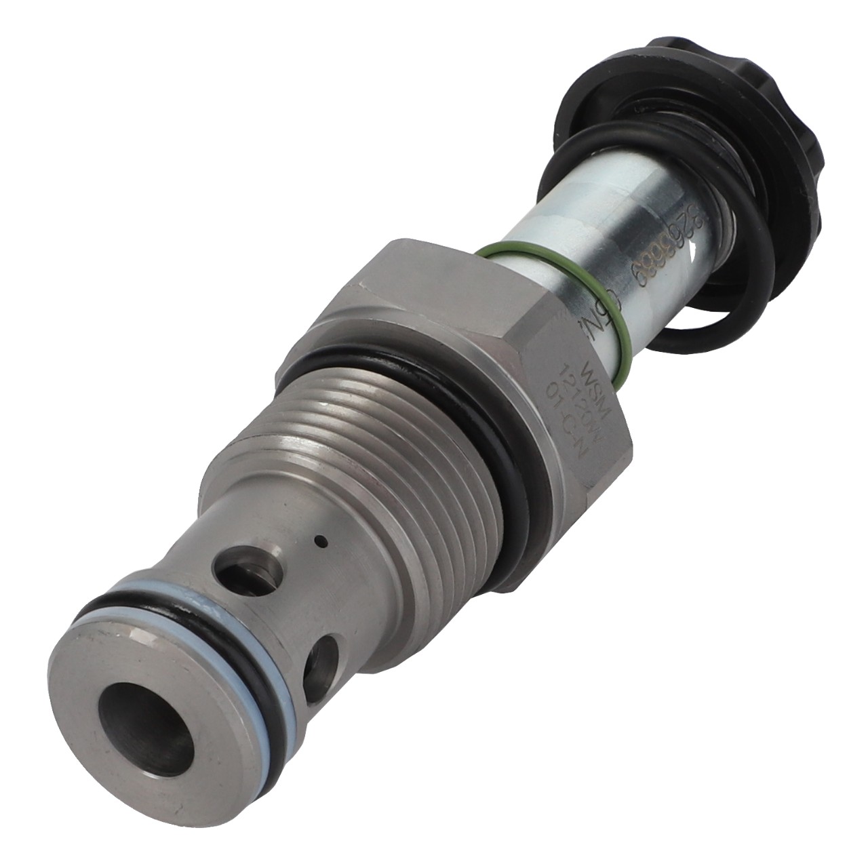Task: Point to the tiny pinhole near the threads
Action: (322, 540)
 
